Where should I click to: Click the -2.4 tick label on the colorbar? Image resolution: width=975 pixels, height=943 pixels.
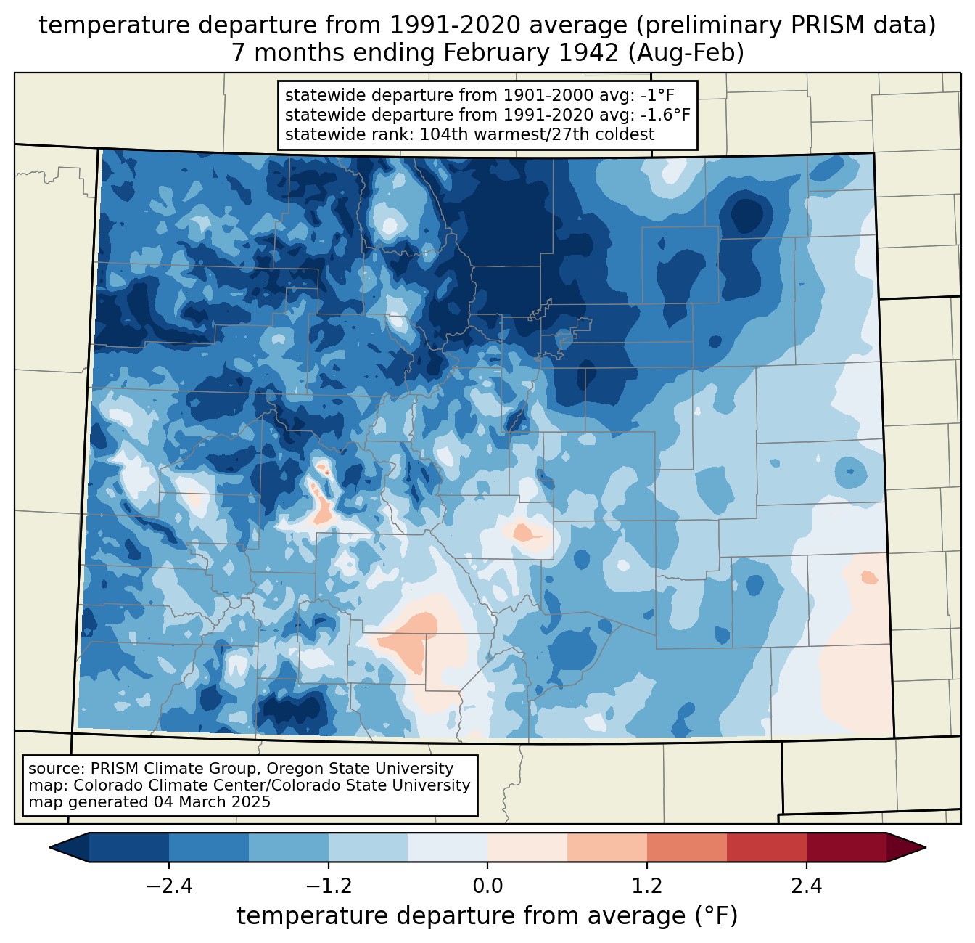pos(169,886)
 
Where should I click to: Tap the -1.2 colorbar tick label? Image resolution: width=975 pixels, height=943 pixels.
pos(329,886)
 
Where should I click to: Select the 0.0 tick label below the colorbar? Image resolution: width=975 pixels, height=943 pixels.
pos(487,886)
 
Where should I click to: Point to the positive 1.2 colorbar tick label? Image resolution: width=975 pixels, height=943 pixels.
pos(647,886)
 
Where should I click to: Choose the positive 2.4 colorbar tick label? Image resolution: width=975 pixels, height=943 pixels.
pos(807,886)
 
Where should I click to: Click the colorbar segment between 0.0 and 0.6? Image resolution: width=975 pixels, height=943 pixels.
pos(527,847)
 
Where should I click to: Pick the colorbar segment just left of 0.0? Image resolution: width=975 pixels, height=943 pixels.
pos(448,847)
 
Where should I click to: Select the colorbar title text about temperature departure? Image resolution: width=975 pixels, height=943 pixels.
pos(487,916)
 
